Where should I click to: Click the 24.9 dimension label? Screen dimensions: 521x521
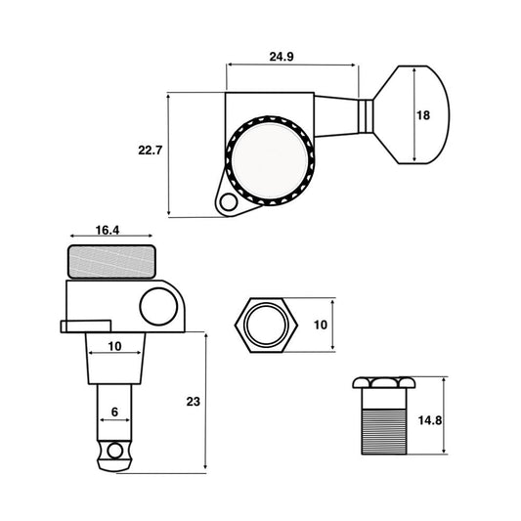click(x=282, y=57)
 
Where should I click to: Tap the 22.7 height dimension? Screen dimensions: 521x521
click(x=150, y=151)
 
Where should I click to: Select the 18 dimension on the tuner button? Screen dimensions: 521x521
click(x=423, y=115)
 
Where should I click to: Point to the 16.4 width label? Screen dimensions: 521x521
click(x=108, y=230)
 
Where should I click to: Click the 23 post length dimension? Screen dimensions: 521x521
click(x=193, y=402)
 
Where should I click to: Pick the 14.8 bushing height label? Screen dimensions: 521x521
click(x=430, y=420)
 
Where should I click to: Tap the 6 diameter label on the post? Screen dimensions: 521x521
click(x=114, y=412)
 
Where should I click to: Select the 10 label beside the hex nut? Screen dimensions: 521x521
click(x=321, y=325)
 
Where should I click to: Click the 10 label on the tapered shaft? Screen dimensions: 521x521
click(x=114, y=346)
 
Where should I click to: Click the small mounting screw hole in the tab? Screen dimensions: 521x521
click(x=229, y=202)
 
